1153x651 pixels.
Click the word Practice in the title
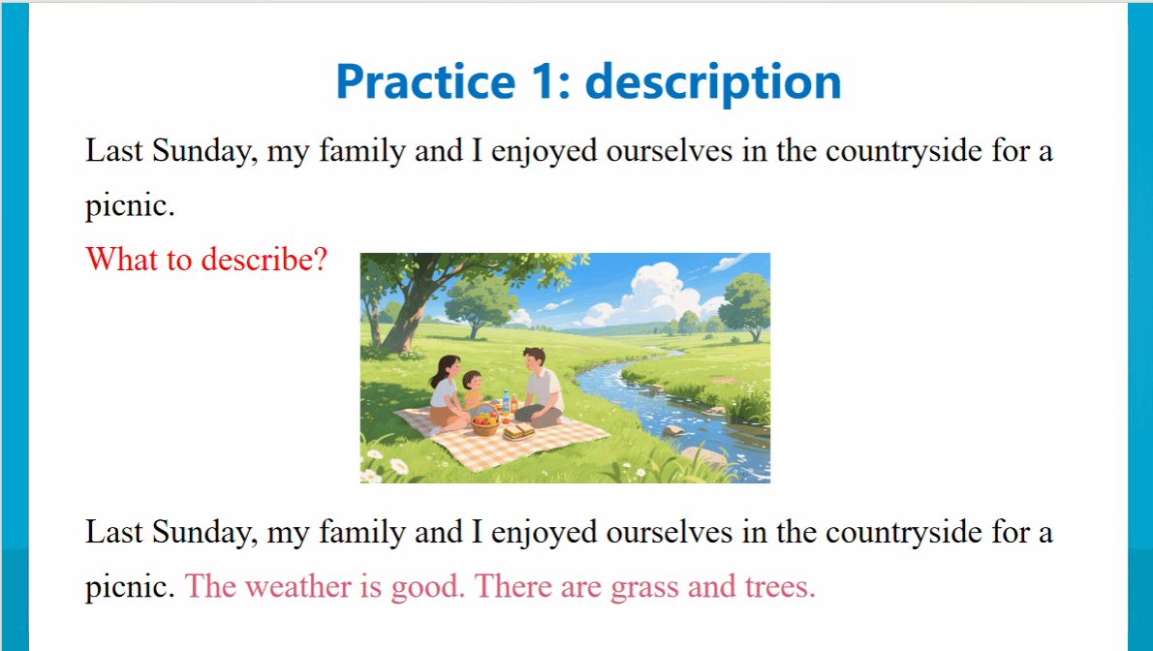425,81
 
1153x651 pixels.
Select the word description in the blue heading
713,81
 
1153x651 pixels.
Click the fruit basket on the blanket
484,420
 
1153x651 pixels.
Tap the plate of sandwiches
519,432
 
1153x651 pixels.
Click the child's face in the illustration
474,383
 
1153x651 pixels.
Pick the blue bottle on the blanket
506,402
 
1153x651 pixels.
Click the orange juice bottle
514,403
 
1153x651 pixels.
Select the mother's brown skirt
445,417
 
